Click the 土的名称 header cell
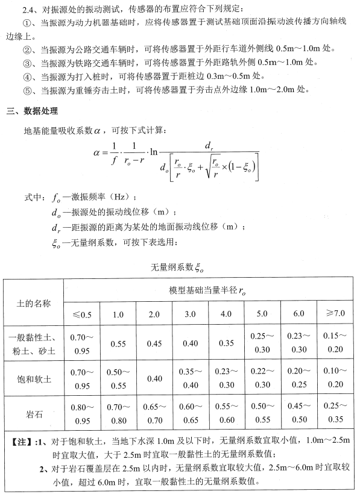coord(34,303)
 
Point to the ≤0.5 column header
coord(82,314)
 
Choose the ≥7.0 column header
coord(335,313)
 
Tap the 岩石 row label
coord(34,414)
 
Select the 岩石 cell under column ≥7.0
coord(335,414)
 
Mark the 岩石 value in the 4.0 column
coord(226,414)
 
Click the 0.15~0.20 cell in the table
coord(335,343)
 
